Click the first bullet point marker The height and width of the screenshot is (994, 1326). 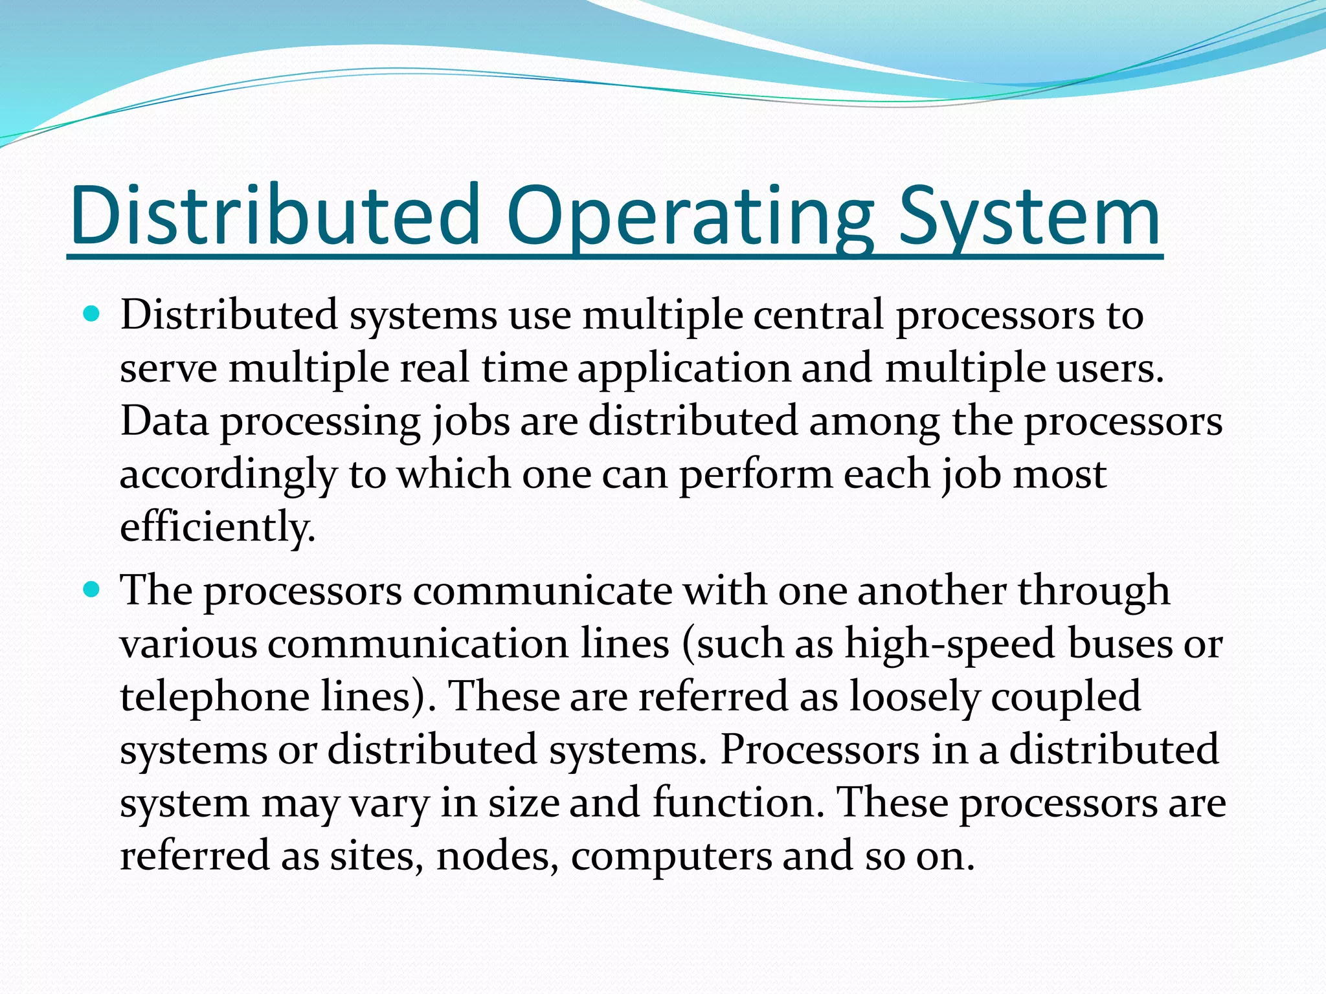pos(92,315)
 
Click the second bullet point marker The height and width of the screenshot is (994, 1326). pos(92,590)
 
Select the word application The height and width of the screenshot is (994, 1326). pos(684,369)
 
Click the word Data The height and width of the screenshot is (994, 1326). pos(165,421)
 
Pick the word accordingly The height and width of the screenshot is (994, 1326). pos(228,475)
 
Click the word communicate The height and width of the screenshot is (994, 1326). pos(543,591)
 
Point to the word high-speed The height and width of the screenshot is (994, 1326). pos(951,645)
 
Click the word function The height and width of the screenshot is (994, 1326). pos(739,803)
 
